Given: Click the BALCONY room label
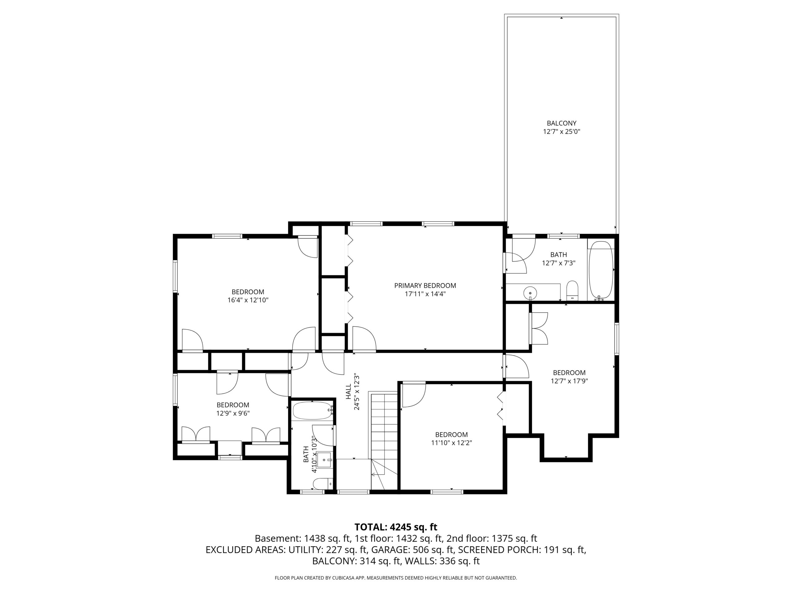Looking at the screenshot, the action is click(x=562, y=123).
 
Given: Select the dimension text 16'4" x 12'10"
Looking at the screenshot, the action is click(x=248, y=300).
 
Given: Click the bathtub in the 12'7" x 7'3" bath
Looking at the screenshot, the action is click(x=601, y=270).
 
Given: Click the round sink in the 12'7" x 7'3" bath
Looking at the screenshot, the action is click(x=530, y=293).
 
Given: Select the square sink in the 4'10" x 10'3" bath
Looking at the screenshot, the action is click(x=324, y=460).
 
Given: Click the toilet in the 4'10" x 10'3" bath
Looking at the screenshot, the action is click(x=323, y=484).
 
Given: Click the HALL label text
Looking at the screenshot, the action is click(x=348, y=392).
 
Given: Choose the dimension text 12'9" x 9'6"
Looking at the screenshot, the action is click(x=233, y=413).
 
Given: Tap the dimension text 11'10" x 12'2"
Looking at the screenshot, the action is click(x=451, y=443).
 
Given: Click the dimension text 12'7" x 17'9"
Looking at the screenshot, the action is click(x=569, y=381).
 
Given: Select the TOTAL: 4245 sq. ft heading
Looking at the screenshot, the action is click(x=396, y=527).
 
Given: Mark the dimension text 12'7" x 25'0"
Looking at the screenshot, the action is click(x=562, y=131).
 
